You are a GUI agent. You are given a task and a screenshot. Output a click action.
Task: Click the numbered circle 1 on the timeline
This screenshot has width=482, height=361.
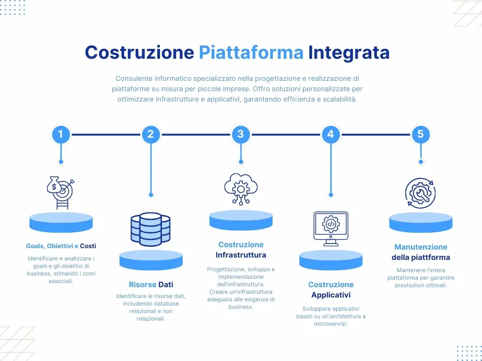coord(61,134)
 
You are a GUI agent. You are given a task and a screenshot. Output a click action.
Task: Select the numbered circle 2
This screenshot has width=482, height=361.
coord(151,134)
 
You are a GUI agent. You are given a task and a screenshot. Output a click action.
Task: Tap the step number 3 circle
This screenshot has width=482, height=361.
coord(241,134)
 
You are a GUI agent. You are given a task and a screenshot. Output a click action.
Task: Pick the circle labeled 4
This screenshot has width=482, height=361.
coord(330,134)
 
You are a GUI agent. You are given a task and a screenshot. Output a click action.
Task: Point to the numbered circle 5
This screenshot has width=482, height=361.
coord(420,134)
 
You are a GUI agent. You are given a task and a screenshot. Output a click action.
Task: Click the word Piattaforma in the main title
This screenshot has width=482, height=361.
coord(251,52)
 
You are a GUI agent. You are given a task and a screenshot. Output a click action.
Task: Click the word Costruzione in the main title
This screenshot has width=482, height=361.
coord(139,52)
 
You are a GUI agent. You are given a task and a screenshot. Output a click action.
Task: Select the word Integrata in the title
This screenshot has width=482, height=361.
coord(349,52)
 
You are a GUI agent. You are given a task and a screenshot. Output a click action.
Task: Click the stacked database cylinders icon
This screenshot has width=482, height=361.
coord(151,229)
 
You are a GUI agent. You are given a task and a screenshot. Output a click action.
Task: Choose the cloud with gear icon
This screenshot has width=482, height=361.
coord(241,188)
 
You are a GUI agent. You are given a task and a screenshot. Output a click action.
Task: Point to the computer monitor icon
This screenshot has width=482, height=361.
coord(330,228)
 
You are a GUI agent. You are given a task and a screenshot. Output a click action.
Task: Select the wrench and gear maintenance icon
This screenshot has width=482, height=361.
coord(420,192)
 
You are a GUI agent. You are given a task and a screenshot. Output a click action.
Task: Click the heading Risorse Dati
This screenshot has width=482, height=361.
coord(151,284)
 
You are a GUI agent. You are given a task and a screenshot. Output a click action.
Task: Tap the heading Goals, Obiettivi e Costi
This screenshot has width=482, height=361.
coord(61,246)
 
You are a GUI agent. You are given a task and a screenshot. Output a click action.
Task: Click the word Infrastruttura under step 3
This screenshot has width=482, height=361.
coord(241,255)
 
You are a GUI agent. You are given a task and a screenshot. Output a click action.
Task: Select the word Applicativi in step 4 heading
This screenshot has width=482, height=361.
coord(330,295)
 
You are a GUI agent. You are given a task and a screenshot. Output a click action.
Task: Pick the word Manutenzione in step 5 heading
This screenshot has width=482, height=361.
coord(420,247)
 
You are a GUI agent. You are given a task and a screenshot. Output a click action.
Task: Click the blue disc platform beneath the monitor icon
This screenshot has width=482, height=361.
coord(330,260)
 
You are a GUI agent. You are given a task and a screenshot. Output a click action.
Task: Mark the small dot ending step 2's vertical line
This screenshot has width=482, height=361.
coord(151,195)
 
